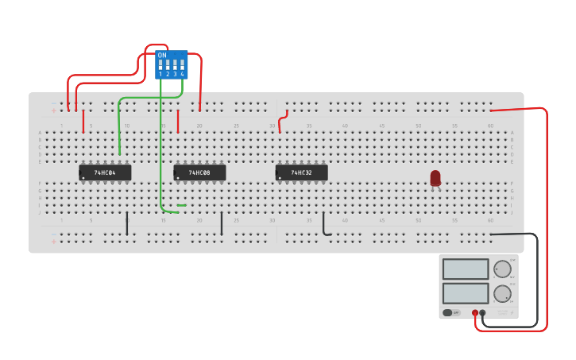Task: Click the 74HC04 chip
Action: pos(105,172)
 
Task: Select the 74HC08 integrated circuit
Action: pos(199,172)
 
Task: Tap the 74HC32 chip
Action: pos(301,172)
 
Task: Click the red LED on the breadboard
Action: pos(435,178)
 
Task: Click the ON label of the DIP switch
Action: pos(162,56)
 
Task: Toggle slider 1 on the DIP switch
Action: pos(160,66)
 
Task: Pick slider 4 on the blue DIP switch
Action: pos(182,66)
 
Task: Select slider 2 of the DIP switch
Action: pos(168,66)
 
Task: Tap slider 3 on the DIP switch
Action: pos(175,66)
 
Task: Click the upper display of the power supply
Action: pos(466,269)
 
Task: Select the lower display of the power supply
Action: pos(466,293)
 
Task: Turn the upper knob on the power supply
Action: pos(502,269)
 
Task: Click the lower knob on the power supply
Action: pos(502,294)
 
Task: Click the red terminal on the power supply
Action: pos(475,313)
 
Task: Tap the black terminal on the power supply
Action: pos(483,313)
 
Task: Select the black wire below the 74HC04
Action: pos(127,223)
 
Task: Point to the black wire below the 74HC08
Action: pos(222,223)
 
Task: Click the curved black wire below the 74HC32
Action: pos(324,226)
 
